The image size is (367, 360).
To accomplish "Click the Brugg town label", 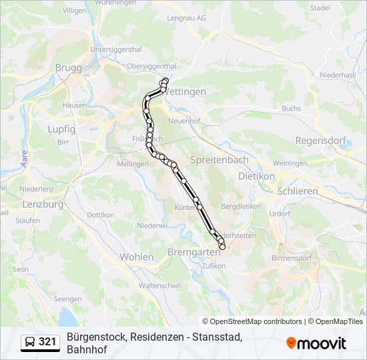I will (x=68, y=67).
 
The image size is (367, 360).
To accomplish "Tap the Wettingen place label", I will (x=185, y=91).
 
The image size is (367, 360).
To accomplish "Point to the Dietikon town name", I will (x=256, y=176).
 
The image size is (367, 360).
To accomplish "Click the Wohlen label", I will (x=136, y=257).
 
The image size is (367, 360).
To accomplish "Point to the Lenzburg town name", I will (x=43, y=205).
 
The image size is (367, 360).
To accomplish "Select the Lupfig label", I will (x=61, y=129).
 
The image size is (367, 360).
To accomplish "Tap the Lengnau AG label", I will (x=186, y=19).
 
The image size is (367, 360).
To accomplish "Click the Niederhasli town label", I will (x=337, y=75).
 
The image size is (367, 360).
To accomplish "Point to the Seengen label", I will (x=67, y=299).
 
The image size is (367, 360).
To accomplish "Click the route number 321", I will (x=47, y=342).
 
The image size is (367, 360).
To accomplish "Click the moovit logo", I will (x=316, y=343).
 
